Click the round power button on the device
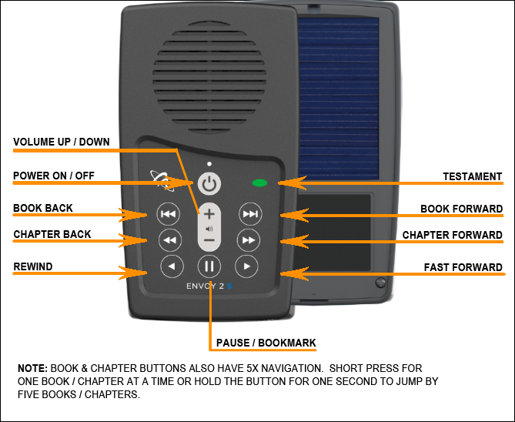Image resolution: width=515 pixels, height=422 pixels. pyautogui.click(x=209, y=184)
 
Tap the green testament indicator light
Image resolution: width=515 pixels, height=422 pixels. pyautogui.click(x=259, y=183)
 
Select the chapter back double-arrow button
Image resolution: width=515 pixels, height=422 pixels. pyautogui.click(x=169, y=239)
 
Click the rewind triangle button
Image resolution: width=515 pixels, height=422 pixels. pyautogui.click(x=172, y=267)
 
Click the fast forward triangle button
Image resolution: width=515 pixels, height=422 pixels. pyautogui.click(x=246, y=267)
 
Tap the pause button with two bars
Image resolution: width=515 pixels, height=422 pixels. pyautogui.click(x=209, y=267)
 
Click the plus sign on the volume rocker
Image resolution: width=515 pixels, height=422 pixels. pyautogui.click(x=209, y=215)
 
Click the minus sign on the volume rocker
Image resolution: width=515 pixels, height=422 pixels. pyautogui.click(x=209, y=240)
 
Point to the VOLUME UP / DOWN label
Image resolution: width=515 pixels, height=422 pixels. pyautogui.click(x=62, y=142)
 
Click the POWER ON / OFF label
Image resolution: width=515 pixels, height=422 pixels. pyautogui.click(x=54, y=176)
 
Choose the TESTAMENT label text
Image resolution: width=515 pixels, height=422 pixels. pyautogui.click(x=472, y=176)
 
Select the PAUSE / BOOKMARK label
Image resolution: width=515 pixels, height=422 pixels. pyautogui.click(x=266, y=343)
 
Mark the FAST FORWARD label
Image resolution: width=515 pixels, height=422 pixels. pyautogui.click(x=463, y=268)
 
